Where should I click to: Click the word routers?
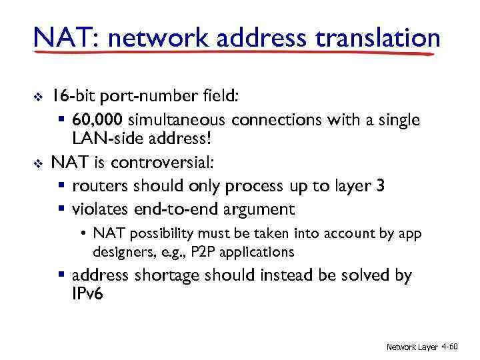pos(101,185)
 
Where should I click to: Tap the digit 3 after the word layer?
pos(380,185)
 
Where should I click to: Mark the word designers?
pos(119,252)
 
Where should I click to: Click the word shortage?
pos(171,275)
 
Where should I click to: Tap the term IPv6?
pos(87,294)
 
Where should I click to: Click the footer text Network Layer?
pos(412,347)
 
